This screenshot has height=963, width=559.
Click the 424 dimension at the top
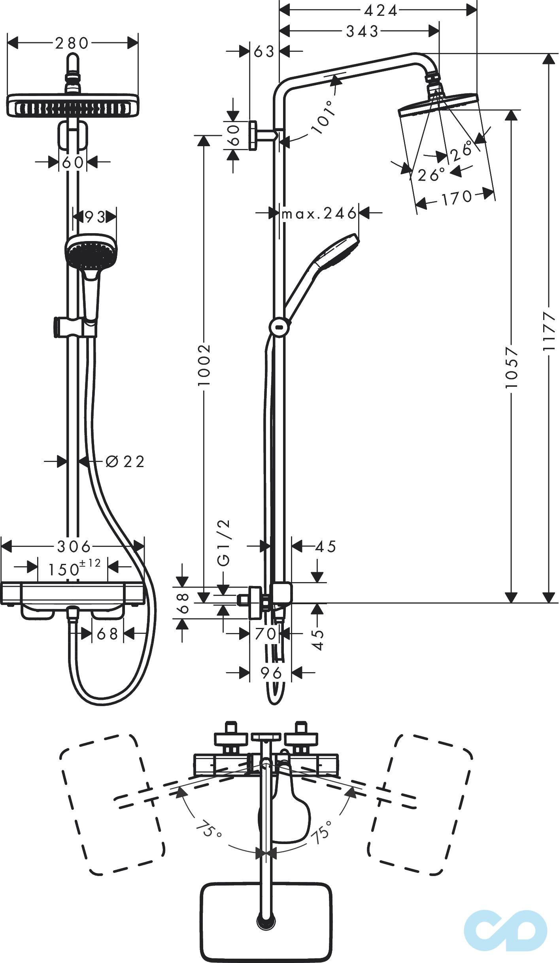pyautogui.click(x=380, y=11)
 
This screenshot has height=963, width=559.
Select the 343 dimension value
pyautogui.click(x=362, y=31)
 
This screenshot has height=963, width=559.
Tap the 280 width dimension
pyautogui.click(x=72, y=43)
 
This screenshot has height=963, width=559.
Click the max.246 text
pyautogui.click(x=319, y=213)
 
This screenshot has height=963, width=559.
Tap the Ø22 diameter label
pyautogui.click(x=125, y=461)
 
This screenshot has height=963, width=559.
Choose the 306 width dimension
pyautogui.click(x=74, y=547)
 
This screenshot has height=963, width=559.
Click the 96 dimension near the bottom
pyautogui.click(x=271, y=672)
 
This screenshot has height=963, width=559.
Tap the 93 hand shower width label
pyautogui.click(x=95, y=217)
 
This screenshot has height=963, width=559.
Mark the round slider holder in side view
pyautogui.click(x=279, y=327)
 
